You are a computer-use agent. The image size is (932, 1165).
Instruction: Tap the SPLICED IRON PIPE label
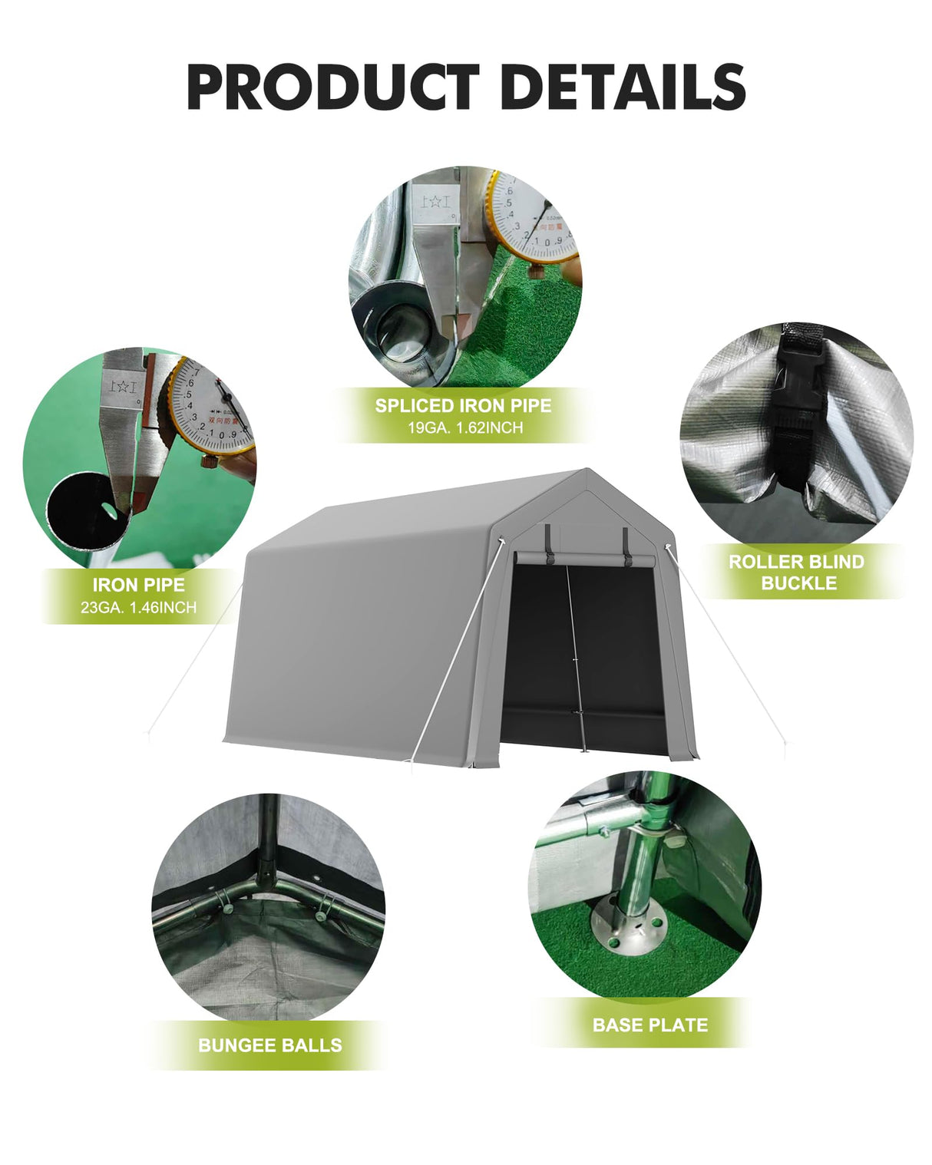pos(463,405)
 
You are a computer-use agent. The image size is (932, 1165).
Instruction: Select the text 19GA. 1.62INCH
pos(465,427)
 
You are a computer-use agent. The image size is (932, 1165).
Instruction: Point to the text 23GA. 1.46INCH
pos(139,607)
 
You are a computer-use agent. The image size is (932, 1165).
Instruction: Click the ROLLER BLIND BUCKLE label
pos(796,572)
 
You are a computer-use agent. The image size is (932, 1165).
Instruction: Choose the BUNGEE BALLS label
pos(269,1045)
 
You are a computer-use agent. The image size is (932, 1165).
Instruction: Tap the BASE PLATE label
pos(649,1025)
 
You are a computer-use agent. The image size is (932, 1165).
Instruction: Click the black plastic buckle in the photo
pos(797,407)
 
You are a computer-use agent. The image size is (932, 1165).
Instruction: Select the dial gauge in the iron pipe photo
pos(210,407)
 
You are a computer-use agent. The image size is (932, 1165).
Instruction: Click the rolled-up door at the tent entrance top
pos(586,559)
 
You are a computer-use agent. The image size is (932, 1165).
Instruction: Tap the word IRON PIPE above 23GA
pos(139,585)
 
